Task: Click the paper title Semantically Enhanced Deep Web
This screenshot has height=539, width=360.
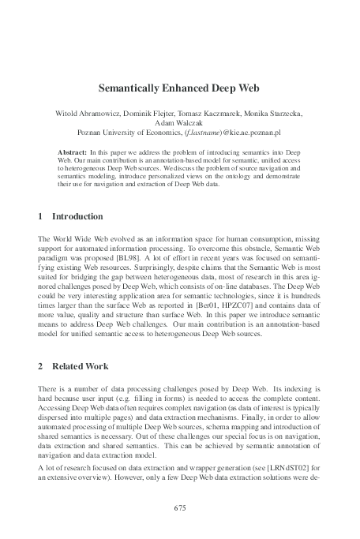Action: [179, 91]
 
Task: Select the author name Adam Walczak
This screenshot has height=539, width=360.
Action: [179, 124]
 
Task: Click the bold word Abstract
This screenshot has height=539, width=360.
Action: [75, 150]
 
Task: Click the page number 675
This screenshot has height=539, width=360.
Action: [179, 507]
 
